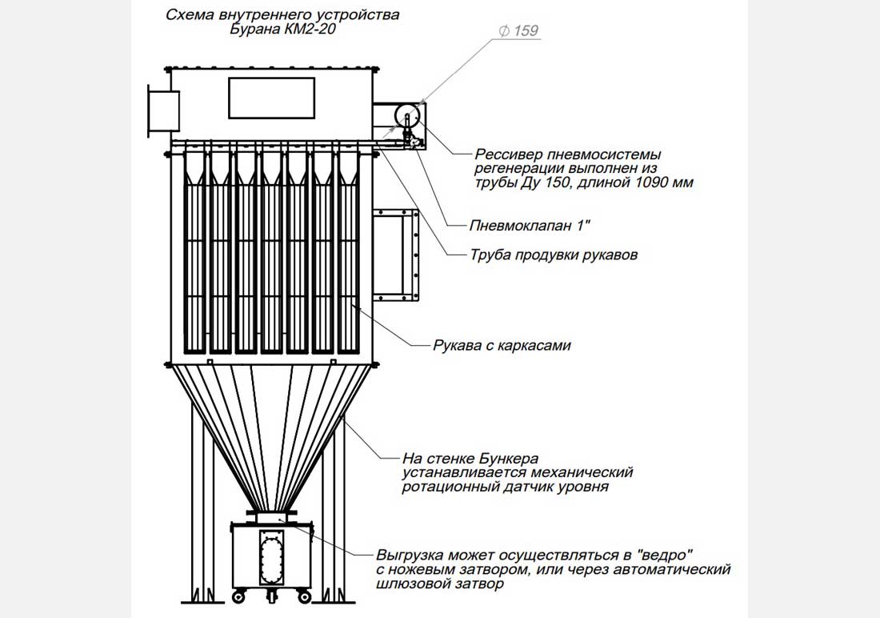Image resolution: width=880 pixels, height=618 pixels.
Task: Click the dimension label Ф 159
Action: point(518,31)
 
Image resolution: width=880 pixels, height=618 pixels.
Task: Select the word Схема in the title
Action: point(190,14)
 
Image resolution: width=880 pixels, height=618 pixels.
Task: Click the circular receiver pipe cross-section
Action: point(411,116)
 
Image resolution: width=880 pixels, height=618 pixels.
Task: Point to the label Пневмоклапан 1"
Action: point(530,226)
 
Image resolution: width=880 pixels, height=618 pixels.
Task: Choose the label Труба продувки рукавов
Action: point(554,256)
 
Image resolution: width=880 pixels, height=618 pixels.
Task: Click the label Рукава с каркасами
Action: point(502,346)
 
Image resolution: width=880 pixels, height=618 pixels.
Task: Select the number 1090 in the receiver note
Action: point(634,183)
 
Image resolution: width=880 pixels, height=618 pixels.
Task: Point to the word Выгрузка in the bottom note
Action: point(410,555)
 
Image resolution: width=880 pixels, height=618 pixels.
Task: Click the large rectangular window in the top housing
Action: point(271,98)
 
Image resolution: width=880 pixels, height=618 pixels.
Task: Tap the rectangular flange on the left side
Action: point(162,111)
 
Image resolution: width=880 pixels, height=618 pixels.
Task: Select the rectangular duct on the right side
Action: point(394,255)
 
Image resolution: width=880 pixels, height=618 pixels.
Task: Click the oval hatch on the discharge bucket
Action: point(271,556)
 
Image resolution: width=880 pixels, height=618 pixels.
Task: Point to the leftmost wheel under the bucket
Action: point(238,597)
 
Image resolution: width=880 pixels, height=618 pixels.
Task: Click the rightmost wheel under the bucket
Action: point(305,597)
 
